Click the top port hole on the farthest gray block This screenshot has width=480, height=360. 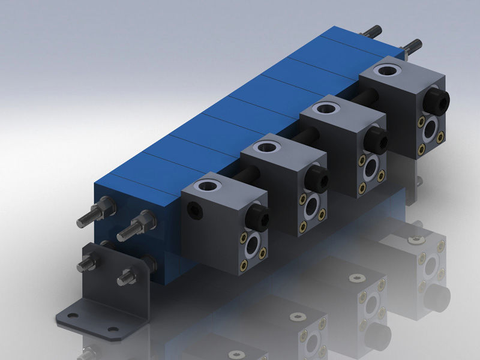(x=382, y=71)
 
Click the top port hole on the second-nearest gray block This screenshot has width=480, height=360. (x=265, y=145)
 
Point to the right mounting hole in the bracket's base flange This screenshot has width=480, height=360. (x=112, y=329)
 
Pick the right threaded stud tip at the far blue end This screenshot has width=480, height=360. (x=414, y=44)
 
